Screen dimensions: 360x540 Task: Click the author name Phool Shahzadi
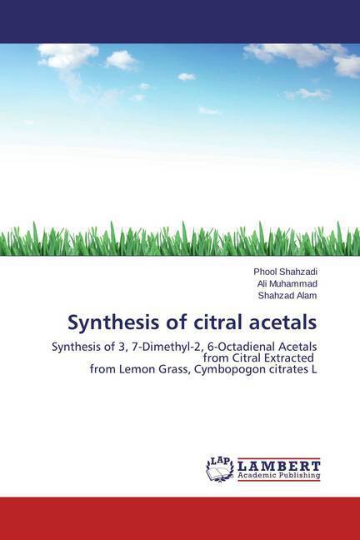pos(285,272)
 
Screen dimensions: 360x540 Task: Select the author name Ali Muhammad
pos(287,284)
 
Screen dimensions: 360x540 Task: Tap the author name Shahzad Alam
pos(287,296)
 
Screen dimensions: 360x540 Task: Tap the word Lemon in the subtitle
pos(135,369)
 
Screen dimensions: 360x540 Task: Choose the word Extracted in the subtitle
pos(289,358)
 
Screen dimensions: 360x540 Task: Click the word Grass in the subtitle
pos(172,370)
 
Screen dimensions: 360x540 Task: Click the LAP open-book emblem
pos(219,469)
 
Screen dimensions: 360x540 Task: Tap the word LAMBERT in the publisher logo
pos(279,466)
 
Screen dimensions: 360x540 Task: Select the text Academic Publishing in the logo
pos(279,475)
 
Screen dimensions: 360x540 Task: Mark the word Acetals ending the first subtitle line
pos(300,347)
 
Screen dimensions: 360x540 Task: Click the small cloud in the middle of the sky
pos(187,77)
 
